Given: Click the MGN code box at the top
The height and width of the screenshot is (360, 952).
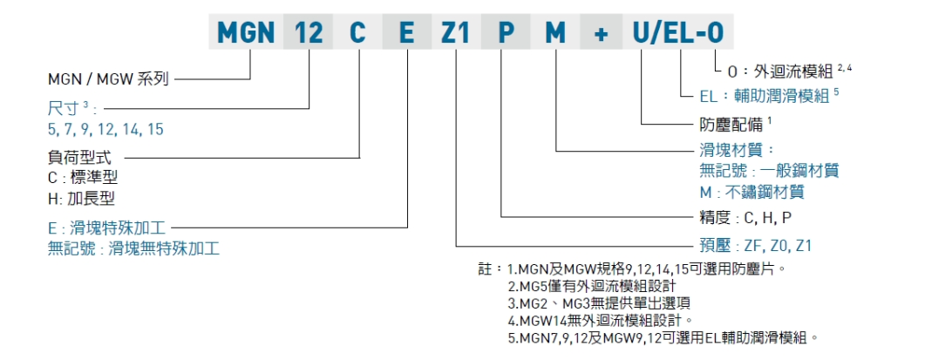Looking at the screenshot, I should tap(246, 33).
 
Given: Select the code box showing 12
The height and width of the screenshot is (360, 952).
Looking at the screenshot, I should tap(309, 33).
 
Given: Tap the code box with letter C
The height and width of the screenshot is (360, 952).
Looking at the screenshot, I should tap(358, 33).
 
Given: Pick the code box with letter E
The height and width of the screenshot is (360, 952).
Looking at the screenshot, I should tap(407, 33).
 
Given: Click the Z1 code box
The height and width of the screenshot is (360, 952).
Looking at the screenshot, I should tap(456, 33).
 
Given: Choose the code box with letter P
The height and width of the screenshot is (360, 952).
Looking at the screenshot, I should tap(506, 33).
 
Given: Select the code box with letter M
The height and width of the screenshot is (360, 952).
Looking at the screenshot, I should tap(554, 33).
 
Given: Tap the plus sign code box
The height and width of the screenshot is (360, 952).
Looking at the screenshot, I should tap(601, 33).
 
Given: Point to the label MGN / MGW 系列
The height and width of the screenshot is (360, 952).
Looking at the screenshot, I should tap(108, 78).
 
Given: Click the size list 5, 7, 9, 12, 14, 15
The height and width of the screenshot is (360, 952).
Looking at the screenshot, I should tap(105, 129).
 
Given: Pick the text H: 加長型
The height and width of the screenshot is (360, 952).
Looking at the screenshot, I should tap(82, 198).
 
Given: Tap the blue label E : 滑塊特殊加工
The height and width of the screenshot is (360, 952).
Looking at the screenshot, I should tap(106, 228).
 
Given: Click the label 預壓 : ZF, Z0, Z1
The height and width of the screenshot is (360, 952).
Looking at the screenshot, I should tap(755, 246).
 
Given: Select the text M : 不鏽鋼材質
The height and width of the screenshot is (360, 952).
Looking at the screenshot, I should tap(751, 191).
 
